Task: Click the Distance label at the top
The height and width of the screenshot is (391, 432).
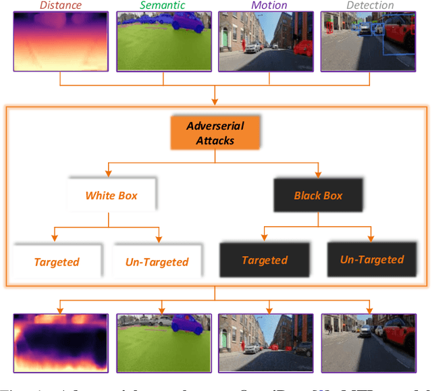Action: [60, 5]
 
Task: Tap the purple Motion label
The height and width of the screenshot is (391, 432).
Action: [269, 5]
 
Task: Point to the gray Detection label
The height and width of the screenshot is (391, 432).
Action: [370, 5]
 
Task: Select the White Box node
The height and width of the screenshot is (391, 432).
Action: [111, 195]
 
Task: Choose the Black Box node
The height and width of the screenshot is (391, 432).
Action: [318, 196]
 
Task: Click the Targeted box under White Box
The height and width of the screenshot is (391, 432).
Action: [57, 261]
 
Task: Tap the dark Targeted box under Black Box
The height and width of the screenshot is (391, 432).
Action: [265, 260]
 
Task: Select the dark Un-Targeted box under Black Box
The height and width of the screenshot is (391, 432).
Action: [372, 259]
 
